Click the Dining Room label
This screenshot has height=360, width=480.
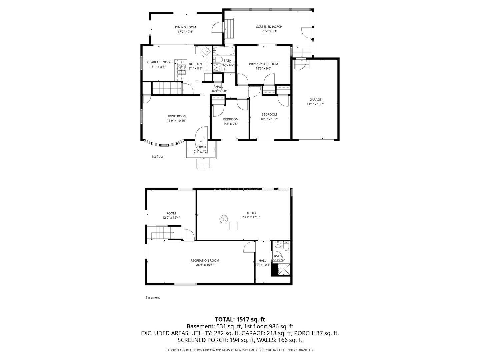(185, 27)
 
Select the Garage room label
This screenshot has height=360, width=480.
(315, 99)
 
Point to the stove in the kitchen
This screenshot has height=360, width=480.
(182, 69)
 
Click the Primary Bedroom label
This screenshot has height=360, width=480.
(263, 64)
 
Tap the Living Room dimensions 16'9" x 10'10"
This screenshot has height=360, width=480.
(176, 121)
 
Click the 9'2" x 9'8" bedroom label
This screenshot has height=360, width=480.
(231, 119)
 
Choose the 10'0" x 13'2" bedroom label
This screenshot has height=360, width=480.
(269, 114)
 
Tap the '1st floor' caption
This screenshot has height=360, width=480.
(158, 156)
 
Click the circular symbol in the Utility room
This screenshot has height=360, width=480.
(223, 219)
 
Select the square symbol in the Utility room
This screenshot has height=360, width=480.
(233, 226)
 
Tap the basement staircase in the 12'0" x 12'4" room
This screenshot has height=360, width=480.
(161, 232)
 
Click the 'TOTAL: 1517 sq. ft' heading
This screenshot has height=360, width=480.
(240, 319)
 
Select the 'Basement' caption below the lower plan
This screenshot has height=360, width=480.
(153, 297)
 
